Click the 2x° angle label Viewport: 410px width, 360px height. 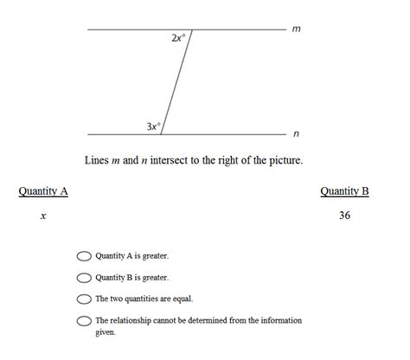pyautogui.click(x=178, y=38)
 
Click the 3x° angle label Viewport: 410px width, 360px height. pyautogui.click(x=153, y=126)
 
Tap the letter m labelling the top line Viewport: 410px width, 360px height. pyautogui.click(x=297, y=29)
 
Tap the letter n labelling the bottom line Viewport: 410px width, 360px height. pyautogui.click(x=297, y=134)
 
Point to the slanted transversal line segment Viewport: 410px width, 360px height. pyautogui.click(x=176, y=82)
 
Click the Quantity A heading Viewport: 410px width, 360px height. pyautogui.click(x=43, y=191)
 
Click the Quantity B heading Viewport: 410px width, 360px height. pyautogui.click(x=344, y=191)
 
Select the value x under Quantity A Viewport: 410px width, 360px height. pyautogui.click(x=42, y=215)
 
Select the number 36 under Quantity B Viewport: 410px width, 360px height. pyautogui.click(x=344, y=215)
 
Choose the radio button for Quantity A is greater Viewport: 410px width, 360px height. pyautogui.click(x=84, y=256)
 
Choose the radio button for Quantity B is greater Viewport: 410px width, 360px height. pyautogui.click(x=84, y=278)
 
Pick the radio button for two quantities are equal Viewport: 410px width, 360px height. pyautogui.click(x=84, y=299)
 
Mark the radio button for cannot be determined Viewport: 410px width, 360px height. pyautogui.click(x=84, y=321)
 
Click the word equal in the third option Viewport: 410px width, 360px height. pyautogui.click(x=182, y=299)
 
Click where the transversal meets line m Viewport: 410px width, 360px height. pyautogui.click(x=191, y=29)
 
